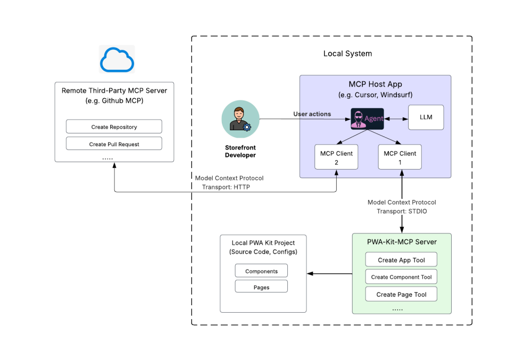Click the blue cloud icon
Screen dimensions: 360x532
tap(117, 59)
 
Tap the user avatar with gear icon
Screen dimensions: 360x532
tap(240, 119)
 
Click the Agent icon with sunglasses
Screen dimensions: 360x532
tap(367, 119)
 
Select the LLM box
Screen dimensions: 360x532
tap(426, 118)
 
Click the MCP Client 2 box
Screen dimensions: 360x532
tap(336, 157)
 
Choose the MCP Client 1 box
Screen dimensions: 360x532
tap(400, 157)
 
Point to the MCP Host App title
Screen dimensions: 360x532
tap(375, 85)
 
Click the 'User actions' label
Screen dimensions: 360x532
tap(312, 114)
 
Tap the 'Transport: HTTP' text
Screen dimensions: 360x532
tap(226, 187)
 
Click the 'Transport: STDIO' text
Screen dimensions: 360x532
tap(402, 211)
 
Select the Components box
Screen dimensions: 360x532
tap(261, 271)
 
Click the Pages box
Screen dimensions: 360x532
tap(261, 287)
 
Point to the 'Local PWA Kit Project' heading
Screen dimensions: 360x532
tap(263, 243)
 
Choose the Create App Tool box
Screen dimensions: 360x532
tap(402, 260)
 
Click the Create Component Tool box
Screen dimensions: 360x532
tap(402, 277)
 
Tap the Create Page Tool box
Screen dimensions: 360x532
tap(402, 294)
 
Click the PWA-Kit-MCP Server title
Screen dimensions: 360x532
tap(402, 242)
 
